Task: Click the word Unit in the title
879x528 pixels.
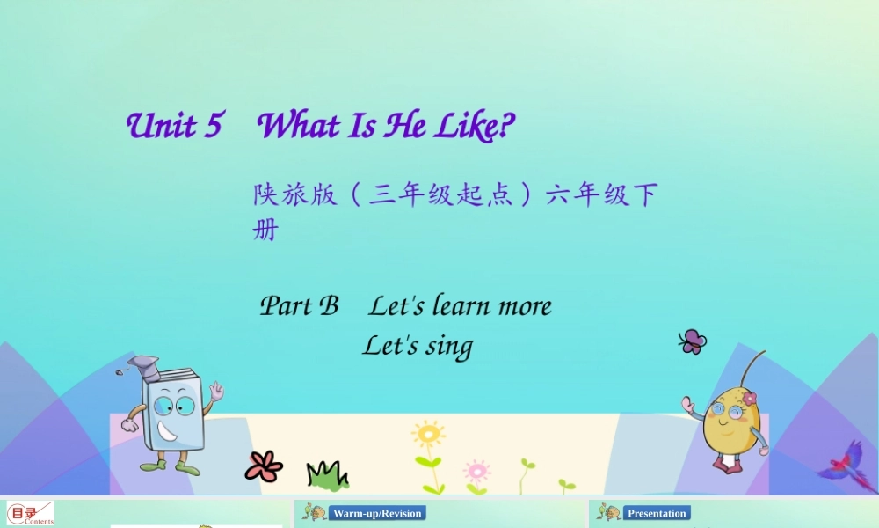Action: tap(162, 126)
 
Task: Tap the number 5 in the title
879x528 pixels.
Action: tap(212, 126)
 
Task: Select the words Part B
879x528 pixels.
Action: tap(299, 306)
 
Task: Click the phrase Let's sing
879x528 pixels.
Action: tap(418, 346)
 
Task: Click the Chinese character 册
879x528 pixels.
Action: tap(265, 230)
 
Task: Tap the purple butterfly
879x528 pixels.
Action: tap(693, 341)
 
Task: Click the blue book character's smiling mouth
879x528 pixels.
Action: tap(168, 434)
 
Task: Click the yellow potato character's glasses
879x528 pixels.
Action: tap(728, 411)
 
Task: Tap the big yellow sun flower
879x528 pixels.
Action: tap(428, 435)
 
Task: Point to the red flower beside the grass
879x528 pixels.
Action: tap(264, 466)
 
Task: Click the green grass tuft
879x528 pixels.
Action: tap(326, 476)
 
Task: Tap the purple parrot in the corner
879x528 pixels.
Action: tap(846, 461)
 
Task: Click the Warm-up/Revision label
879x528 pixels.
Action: tap(377, 513)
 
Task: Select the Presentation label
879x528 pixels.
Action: tap(657, 513)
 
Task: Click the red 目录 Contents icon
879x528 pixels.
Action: tap(31, 514)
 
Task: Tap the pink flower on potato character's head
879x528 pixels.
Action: tap(749, 399)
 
